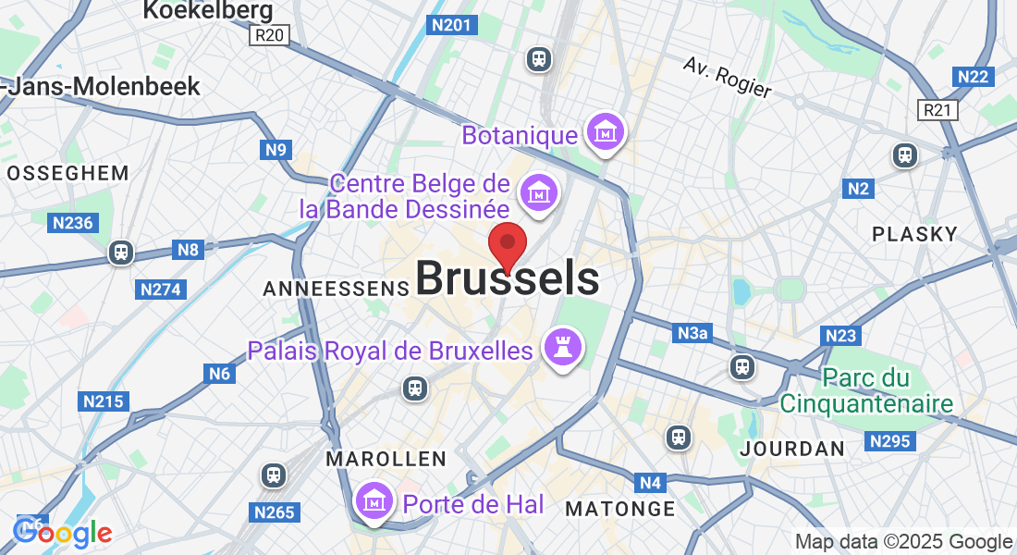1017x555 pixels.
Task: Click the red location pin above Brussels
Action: (x=508, y=245)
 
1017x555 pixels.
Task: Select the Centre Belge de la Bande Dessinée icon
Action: (x=537, y=194)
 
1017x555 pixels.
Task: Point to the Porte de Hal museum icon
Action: (x=374, y=500)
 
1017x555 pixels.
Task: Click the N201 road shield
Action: (x=452, y=25)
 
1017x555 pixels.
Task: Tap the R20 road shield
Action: (x=270, y=35)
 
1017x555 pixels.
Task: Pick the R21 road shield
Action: (x=939, y=111)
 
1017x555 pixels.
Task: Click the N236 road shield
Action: (x=73, y=223)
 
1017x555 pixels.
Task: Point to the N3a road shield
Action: (x=694, y=333)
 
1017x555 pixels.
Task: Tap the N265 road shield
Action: (x=274, y=512)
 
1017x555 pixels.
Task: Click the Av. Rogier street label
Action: (x=728, y=77)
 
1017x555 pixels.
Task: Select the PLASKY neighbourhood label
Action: (x=914, y=234)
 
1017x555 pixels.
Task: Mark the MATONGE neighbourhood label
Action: (x=620, y=509)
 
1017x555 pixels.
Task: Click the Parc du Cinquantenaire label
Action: (x=865, y=390)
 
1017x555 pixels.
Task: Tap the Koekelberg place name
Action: (x=208, y=10)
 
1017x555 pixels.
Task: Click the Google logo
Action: (x=63, y=532)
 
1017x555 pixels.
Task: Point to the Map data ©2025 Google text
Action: (x=903, y=542)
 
